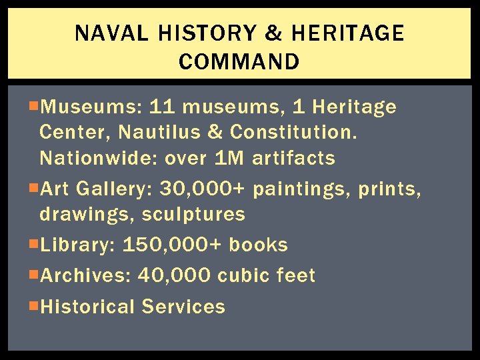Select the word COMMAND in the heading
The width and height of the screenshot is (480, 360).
(x=239, y=62)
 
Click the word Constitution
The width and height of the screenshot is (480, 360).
(x=294, y=132)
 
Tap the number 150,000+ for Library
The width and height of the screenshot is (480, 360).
(x=172, y=245)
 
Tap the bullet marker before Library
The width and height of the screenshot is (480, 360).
(x=34, y=243)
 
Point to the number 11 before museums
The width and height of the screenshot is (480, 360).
(x=162, y=107)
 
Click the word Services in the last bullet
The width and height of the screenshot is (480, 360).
(x=183, y=307)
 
